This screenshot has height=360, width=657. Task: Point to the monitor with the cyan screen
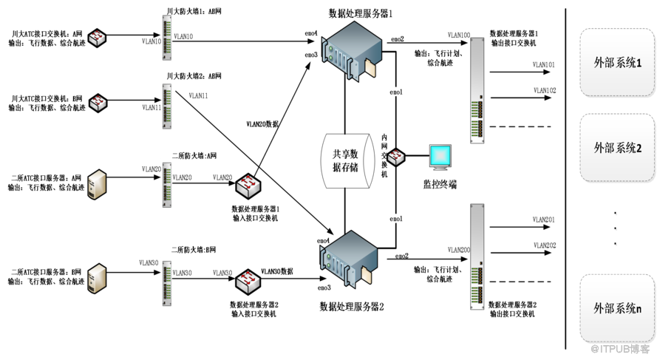440,157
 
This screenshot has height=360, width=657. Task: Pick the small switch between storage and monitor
396,157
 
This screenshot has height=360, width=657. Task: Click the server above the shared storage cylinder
351,50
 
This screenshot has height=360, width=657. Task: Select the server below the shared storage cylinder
351,258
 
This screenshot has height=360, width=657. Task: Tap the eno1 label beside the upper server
397,92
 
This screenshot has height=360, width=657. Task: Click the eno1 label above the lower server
397,219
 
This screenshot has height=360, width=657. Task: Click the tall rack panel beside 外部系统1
477,90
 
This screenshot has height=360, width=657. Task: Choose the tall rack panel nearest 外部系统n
477,257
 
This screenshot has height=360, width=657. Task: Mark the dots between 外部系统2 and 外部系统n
616,229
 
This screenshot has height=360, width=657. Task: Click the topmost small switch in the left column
98,37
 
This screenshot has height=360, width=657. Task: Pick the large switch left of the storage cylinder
248,185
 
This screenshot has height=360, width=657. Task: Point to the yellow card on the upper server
370,69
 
